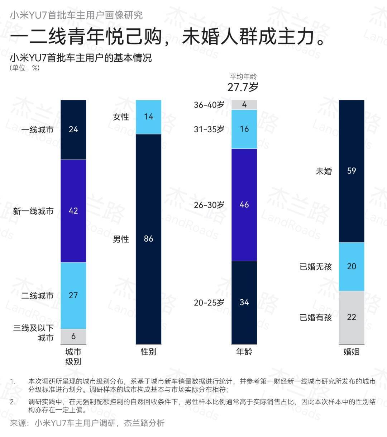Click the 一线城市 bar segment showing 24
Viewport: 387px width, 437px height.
[73, 129]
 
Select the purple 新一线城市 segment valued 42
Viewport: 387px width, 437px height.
[73, 211]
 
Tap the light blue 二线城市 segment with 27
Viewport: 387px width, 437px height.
[73, 295]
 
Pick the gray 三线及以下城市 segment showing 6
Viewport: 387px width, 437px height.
[73, 336]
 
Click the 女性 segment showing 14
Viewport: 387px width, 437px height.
[148, 117]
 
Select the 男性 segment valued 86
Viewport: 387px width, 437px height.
[148, 239]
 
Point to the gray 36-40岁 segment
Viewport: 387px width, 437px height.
[244, 105]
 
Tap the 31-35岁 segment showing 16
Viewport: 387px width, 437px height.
[244, 129]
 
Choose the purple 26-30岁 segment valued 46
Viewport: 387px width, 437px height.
[244, 205]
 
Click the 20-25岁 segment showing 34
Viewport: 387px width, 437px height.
[244, 302]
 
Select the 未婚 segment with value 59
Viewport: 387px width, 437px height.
[352, 171]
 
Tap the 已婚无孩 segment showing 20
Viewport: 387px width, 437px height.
[352, 266]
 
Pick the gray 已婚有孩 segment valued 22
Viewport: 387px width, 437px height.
[352, 317]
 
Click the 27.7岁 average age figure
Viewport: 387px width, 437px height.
[243, 87]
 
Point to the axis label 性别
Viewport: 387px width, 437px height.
[148, 352]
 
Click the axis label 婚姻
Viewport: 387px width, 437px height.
[351, 352]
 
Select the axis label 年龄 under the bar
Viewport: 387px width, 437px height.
[244, 352]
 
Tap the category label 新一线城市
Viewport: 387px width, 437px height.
[33, 211]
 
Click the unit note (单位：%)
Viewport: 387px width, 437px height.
[24, 68]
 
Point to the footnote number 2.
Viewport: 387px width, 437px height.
[13, 402]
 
